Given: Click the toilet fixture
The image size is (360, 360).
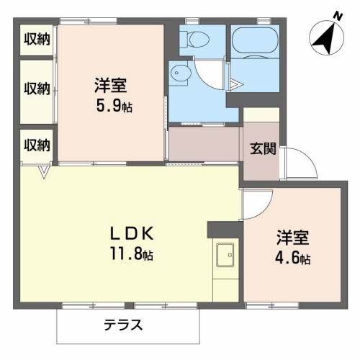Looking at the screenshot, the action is click(x=194, y=39).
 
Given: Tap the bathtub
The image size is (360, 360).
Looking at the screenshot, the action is click(x=255, y=40).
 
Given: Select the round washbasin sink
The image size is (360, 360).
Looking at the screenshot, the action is click(x=181, y=73).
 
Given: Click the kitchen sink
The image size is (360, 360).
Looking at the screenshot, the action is click(x=225, y=255).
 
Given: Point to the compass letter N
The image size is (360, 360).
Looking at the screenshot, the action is click(x=338, y=17).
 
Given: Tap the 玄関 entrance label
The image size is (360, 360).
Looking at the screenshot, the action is click(x=263, y=149).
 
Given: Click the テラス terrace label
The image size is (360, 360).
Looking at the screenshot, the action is click(x=123, y=325).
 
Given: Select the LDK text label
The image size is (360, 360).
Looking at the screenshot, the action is click(x=132, y=233).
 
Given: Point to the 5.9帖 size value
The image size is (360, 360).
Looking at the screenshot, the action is click(x=114, y=106).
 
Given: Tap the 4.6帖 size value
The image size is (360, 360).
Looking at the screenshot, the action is click(x=293, y=258).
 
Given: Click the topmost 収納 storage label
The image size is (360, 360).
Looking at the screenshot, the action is click(x=37, y=39).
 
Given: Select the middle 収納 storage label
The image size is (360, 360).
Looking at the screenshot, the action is click(x=37, y=89).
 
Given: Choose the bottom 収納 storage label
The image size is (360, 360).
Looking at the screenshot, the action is click(x=37, y=145).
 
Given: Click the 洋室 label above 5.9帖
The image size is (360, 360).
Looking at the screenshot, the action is click(x=111, y=86).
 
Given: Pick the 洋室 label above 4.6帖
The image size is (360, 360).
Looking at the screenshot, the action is click(x=293, y=238).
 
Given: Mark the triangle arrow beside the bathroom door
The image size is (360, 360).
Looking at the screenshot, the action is click(x=236, y=84).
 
